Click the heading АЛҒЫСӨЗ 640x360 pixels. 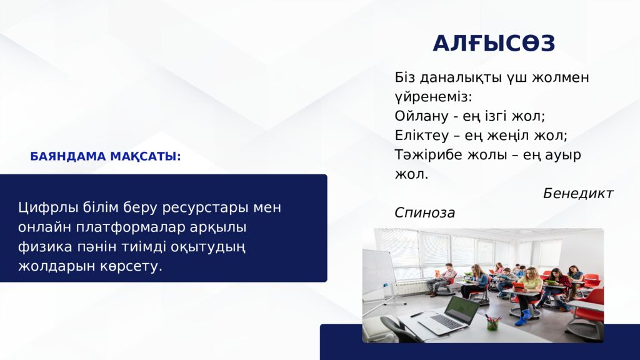click(494, 43)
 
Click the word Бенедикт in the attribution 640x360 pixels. click(578, 194)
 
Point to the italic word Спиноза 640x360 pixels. click(424, 212)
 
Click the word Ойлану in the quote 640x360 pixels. click(421, 116)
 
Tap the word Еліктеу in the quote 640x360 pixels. click(422, 135)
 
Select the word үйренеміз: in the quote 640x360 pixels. click(434, 97)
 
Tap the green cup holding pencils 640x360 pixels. click(492, 323)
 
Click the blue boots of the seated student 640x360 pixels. click(523, 318)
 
